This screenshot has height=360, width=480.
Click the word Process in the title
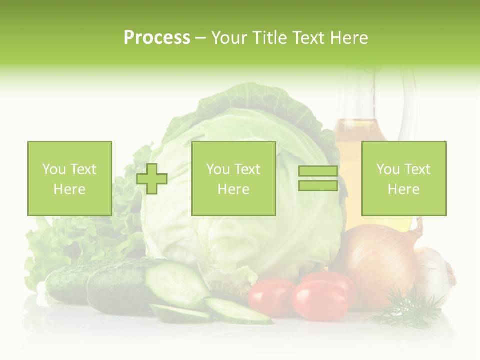[x=157, y=38]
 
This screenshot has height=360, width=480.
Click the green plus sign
[x=152, y=179]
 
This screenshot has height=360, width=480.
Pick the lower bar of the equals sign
[x=318, y=185]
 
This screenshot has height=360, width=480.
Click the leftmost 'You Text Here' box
[x=69, y=178]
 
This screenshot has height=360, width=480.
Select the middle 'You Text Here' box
[x=233, y=178]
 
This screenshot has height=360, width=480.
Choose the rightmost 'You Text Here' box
[x=403, y=178]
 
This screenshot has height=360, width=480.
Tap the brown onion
[x=382, y=260]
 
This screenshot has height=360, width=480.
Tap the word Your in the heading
[x=229, y=38]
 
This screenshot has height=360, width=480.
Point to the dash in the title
[x=201, y=38]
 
